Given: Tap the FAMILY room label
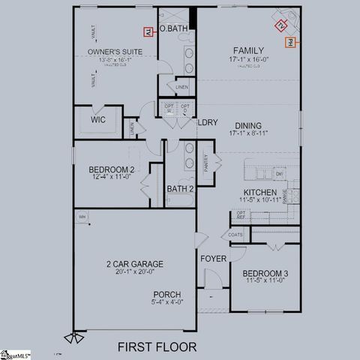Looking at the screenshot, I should [x=248, y=49].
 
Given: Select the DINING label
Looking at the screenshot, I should [x=248, y=125].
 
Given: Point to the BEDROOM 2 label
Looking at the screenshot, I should [x=111, y=169].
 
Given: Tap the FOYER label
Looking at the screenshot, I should [x=213, y=259].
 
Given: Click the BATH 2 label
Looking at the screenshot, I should [x=180, y=188].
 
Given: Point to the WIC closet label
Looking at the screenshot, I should [x=98, y=120].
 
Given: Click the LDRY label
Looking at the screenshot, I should [x=207, y=122].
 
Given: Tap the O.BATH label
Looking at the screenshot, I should [x=173, y=28].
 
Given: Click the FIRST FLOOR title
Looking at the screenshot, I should [x=157, y=346].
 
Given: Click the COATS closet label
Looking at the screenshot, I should [x=236, y=235].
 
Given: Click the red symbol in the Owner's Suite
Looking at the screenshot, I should [x=148, y=31].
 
